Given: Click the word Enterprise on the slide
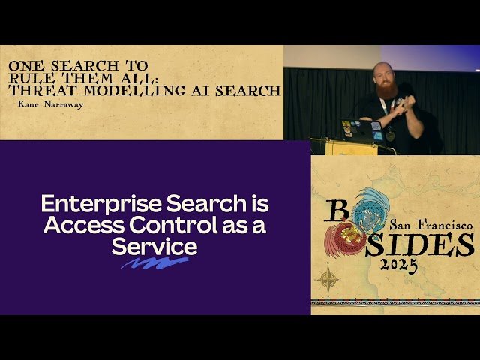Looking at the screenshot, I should [x=83, y=204].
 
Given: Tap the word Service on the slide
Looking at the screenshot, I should [x=154, y=246].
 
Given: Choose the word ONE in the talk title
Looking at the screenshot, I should [x=23, y=66].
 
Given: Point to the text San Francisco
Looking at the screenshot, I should [x=430, y=224].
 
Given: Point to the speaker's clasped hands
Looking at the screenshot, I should [x=403, y=103].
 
